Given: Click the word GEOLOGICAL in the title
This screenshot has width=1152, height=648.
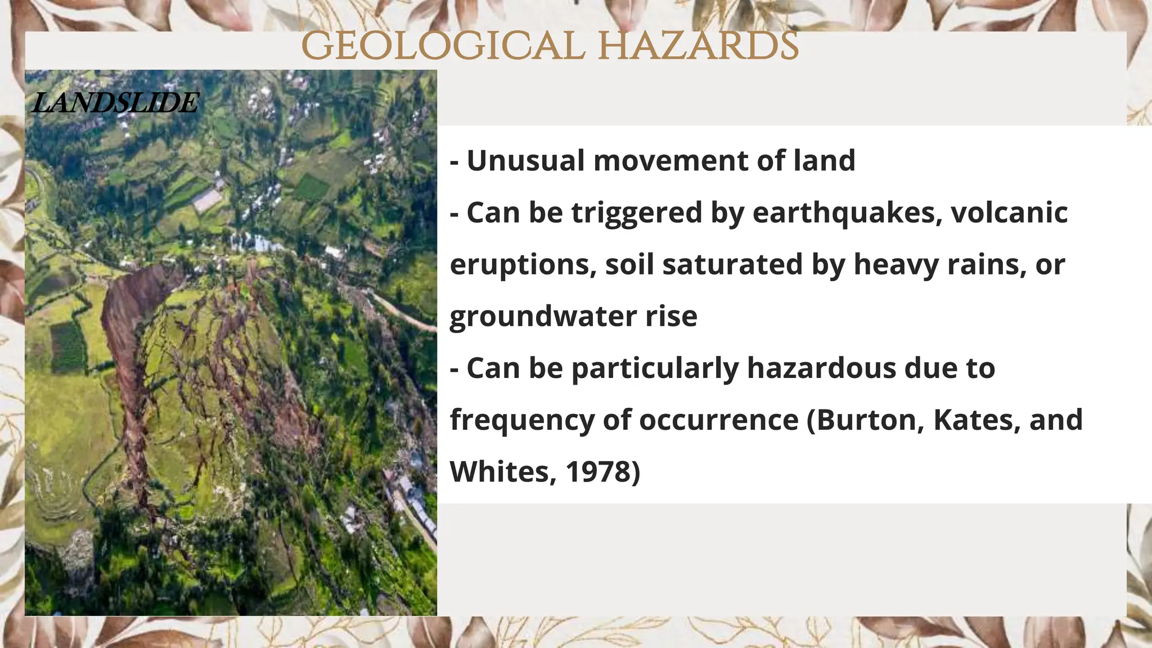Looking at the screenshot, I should pos(443,46).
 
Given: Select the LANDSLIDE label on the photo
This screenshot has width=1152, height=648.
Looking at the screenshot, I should pos(115,103).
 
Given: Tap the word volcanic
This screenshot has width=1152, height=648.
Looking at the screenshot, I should pos(1009,213).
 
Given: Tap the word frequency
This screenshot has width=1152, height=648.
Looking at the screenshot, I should pos(521,421).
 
